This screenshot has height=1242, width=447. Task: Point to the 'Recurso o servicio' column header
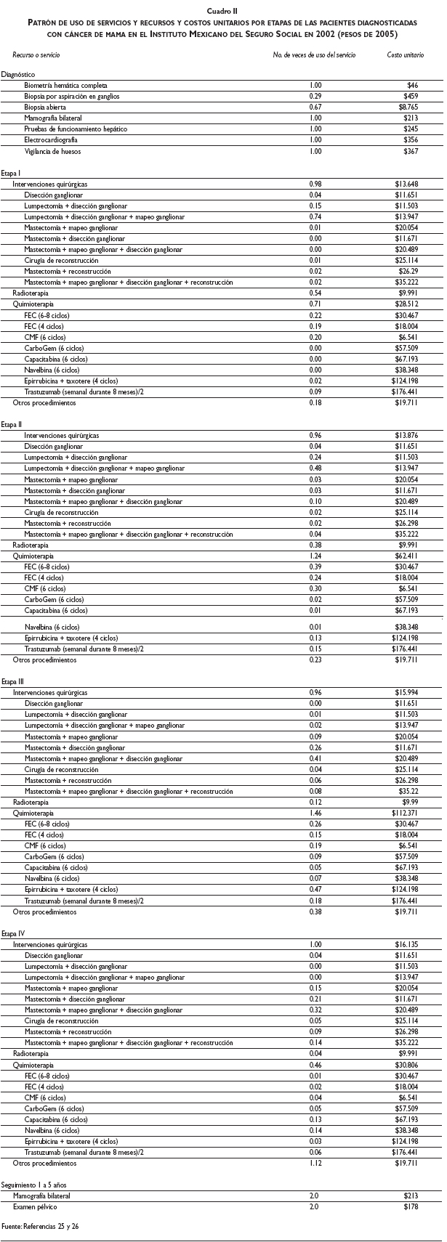36,55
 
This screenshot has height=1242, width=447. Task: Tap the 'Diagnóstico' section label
18,74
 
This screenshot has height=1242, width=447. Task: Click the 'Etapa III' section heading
14,682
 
